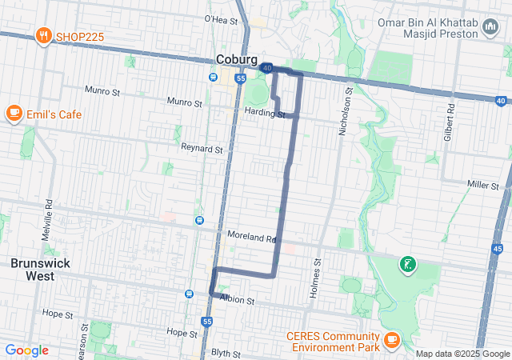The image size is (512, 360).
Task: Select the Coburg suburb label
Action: point(237,60)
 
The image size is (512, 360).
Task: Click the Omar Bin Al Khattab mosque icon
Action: point(490,30)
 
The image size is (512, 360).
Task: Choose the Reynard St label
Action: point(202,149)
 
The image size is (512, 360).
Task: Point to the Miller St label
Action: point(483,185)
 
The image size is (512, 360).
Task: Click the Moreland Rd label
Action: point(250,238)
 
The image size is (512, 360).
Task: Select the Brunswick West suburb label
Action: point(32,270)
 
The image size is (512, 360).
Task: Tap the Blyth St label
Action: point(227,353)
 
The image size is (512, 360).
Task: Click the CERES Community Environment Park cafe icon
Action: point(391,339)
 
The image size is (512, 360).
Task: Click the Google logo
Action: point(26,350)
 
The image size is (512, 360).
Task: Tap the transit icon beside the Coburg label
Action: point(213,78)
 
